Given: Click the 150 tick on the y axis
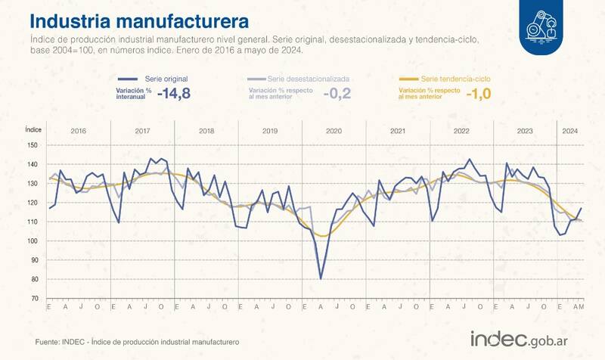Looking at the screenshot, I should point(32,145).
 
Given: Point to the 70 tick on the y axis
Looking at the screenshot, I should point(33,299).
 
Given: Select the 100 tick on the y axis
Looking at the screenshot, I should point(32,241).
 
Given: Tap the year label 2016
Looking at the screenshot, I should point(78,131).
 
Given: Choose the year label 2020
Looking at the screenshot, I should point(334,131).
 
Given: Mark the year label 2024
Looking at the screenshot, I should point(569,131).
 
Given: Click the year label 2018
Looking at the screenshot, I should point(206,131).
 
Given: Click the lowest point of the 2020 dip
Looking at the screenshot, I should point(321,278).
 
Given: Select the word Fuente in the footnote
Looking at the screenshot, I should point(48,343).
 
